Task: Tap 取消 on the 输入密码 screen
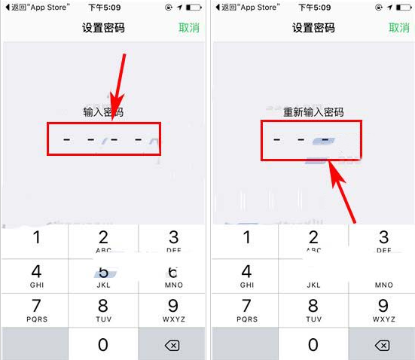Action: pyautogui.click(x=189, y=28)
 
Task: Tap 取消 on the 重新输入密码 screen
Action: pyautogui.click(x=399, y=28)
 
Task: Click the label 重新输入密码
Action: pyautogui.click(x=313, y=112)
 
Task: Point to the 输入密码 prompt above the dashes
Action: pyautogui.click(x=103, y=112)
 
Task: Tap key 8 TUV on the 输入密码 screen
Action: pyautogui.click(x=103, y=310)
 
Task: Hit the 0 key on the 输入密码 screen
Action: pyautogui.click(x=103, y=344)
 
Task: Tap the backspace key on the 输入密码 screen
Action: pyautogui.click(x=172, y=345)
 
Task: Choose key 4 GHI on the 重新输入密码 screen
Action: pyautogui.click(x=246, y=276)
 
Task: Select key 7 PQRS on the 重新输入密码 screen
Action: pyautogui.click(x=246, y=310)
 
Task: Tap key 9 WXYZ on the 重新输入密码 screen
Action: pyautogui.click(x=383, y=310)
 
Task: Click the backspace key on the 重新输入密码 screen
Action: pyautogui.click(x=383, y=345)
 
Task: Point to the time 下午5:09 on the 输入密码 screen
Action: pyautogui.click(x=103, y=7)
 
